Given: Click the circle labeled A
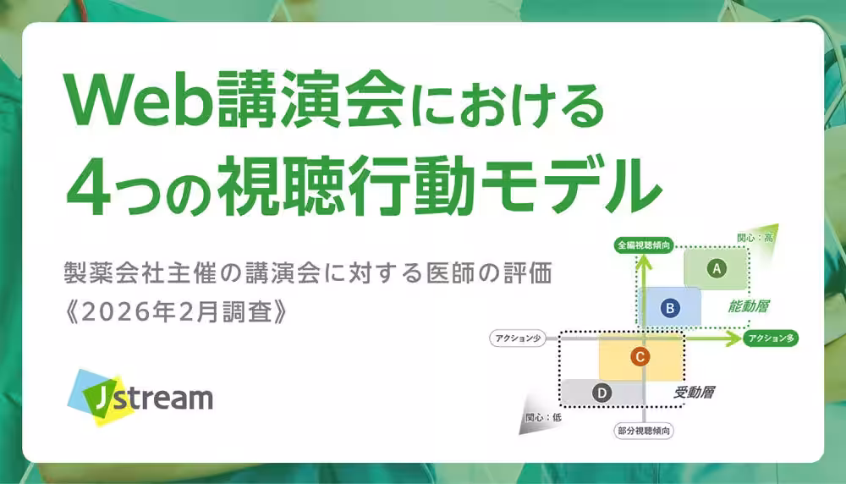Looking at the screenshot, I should [x=717, y=269].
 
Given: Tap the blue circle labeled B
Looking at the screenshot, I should [x=669, y=308].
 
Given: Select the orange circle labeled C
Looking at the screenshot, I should [x=640, y=357].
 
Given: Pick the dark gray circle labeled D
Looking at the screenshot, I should [x=602, y=393].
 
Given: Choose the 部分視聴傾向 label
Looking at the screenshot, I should [x=644, y=432].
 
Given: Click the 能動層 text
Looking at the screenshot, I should [x=753, y=306].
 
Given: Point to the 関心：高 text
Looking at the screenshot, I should [x=755, y=238].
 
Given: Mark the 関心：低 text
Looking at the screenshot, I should [x=542, y=417].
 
